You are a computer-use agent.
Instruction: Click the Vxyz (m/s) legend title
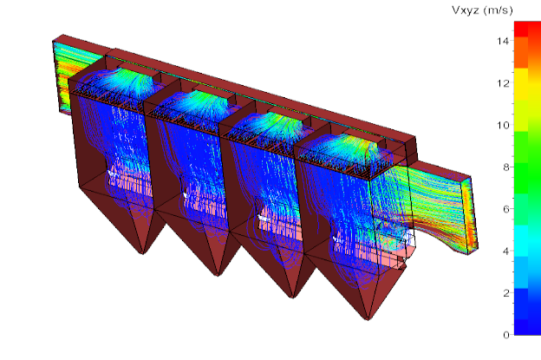coord(482,10)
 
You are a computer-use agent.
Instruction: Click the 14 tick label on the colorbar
coord(503,41)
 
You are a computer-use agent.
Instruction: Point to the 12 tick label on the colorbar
coord(503,83)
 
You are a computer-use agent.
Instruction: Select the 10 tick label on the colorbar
coord(503,125)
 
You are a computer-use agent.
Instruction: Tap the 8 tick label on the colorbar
coord(505,167)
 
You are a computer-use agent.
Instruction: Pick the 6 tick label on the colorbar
coord(505,209)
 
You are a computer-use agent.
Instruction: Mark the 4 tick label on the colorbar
coord(505,251)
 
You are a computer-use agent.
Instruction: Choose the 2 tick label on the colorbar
coord(505,292)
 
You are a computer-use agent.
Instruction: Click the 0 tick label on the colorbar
coord(505,335)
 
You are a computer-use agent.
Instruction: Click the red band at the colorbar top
coord(527,29)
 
